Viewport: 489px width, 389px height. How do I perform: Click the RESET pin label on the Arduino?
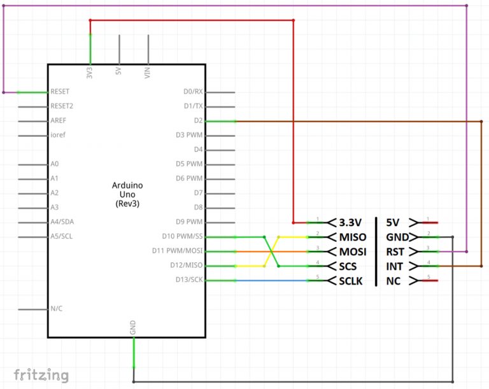click(x=60, y=92)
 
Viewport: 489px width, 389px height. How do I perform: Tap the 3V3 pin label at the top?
click(x=90, y=71)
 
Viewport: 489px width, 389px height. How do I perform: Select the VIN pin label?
click(x=148, y=72)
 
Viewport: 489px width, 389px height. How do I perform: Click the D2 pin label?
click(x=198, y=120)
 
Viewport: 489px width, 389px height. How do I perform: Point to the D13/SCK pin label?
click(x=189, y=279)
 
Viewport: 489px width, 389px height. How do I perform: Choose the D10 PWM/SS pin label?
click(x=183, y=236)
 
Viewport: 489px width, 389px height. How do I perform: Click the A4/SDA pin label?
click(x=62, y=222)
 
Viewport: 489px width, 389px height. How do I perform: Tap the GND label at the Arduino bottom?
click(x=133, y=328)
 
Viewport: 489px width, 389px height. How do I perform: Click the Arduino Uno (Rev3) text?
click(x=127, y=194)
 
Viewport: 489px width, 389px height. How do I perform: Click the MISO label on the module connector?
click(x=352, y=237)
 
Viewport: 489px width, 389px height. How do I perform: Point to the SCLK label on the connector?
click(x=351, y=281)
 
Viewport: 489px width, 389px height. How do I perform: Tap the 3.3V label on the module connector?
click(x=350, y=223)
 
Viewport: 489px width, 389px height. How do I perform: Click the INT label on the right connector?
click(x=395, y=265)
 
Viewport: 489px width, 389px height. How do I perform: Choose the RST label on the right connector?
click(x=395, y=251)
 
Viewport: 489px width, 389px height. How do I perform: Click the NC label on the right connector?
click(x=393, y=281)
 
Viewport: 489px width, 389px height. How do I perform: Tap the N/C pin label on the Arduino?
click(x=57, y=309)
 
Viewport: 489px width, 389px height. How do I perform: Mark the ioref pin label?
click(x=57, y=135)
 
